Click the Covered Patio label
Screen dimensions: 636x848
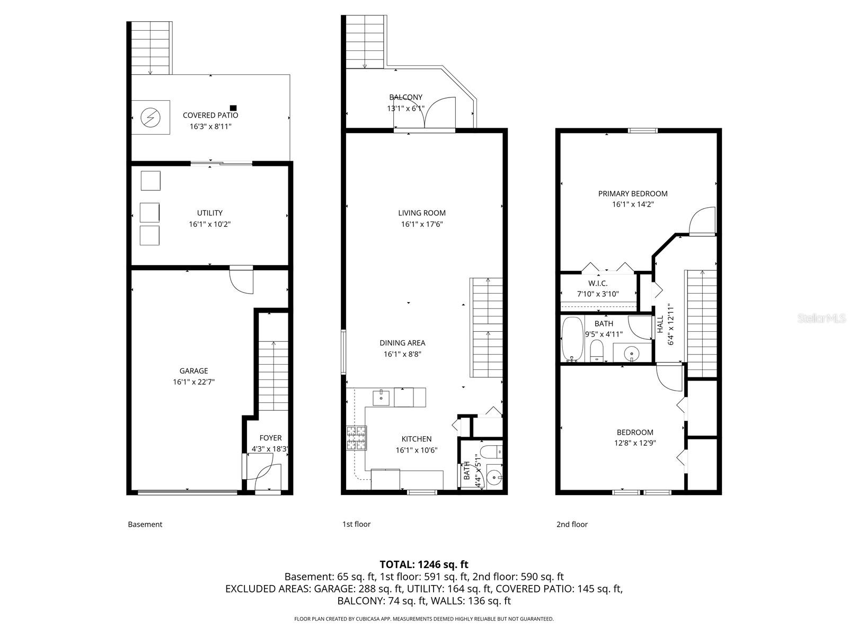tap(210, 115)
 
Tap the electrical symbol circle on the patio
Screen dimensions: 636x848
tap(151, 117)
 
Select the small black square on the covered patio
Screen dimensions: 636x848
tap(233, 108)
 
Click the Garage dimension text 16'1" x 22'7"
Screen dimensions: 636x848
tap(193, 382)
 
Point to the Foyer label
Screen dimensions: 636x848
tap(270, 438)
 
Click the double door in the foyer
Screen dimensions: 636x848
tap(268, 477)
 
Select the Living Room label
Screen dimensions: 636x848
tap(422, 213)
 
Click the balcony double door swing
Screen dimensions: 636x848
tap(425, 113)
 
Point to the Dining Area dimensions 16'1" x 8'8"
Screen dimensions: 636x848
tap(402, 355)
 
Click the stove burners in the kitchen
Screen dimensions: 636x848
tap(356, 438)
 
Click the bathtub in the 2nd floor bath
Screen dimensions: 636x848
tap(571, 339)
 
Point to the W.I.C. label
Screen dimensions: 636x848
tap(597, 284)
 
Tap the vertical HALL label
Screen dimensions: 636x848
tap(660, 324)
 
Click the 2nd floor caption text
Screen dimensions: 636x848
tap(572, 524)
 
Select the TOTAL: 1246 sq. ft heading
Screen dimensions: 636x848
tap(424, 564)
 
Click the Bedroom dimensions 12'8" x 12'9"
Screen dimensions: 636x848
tap(635, 444)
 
